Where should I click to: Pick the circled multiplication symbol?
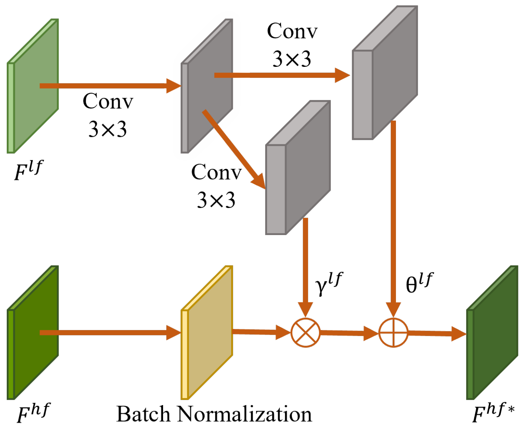(x=306, y=332)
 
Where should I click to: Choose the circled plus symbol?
(x=393, y=332)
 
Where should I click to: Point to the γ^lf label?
(x=328, y=283)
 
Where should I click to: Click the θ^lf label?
(x=419, y=283)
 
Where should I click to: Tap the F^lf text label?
(x=28, y=170)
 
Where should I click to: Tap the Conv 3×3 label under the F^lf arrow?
(x=108, y=115)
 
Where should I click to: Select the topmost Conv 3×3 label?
(x=292, y=45)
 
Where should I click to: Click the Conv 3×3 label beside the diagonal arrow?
(x=216, y=186)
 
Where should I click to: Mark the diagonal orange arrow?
(x=234, y=149)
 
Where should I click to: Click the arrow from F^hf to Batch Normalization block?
(x=110, y=333)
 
